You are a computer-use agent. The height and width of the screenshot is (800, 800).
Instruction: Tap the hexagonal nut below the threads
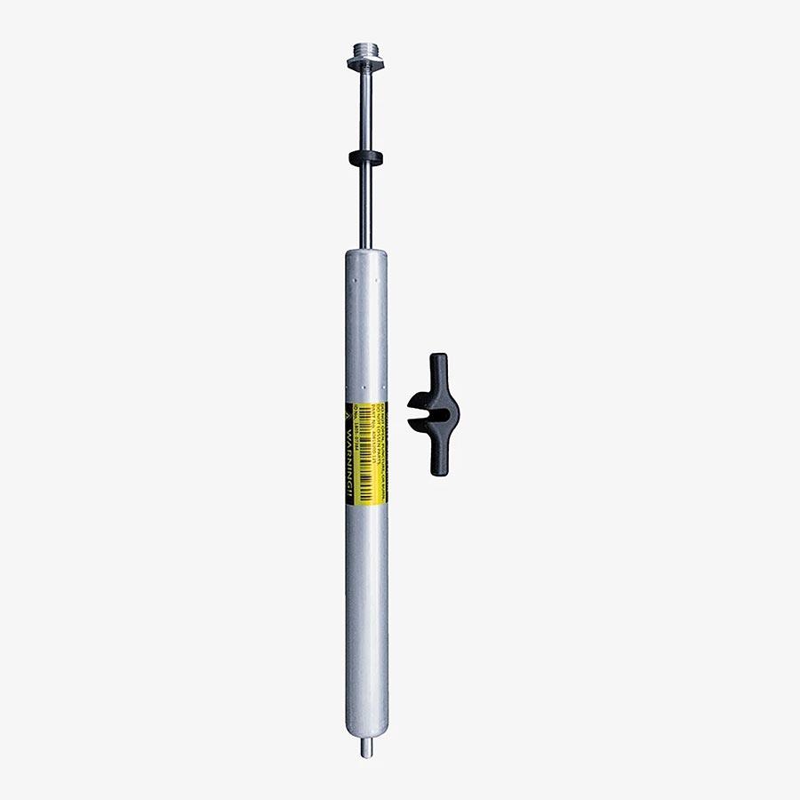click(x=364, y=63)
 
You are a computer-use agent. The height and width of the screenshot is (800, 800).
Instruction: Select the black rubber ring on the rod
click(x=365, y=158)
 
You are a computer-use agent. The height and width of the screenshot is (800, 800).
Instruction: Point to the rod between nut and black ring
click(x=365, y=111)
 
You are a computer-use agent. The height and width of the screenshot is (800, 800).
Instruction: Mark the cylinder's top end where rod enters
click(x=366, y=254)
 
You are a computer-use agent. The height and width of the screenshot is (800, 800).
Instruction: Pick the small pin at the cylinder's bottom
click(x=366, y=748)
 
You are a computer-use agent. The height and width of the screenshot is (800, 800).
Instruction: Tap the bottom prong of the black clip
click(x=439, y=458)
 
